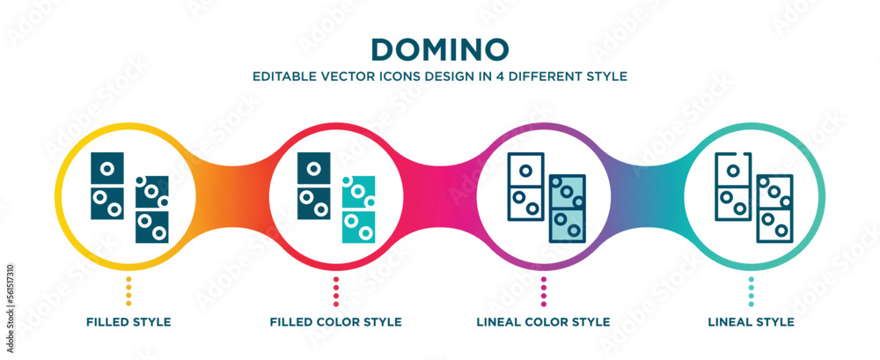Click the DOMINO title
tap(440, 48)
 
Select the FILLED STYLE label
tap(128, 321)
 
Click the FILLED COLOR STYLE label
tap(336, 321)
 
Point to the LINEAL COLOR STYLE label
tap(544, 321)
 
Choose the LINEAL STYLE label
tap(751, 321)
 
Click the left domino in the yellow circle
tap(107, 187)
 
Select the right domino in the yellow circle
tap(152, 209)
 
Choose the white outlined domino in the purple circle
tap(525, 187)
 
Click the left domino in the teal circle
tap(732, 187)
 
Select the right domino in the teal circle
tap(775, 209)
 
